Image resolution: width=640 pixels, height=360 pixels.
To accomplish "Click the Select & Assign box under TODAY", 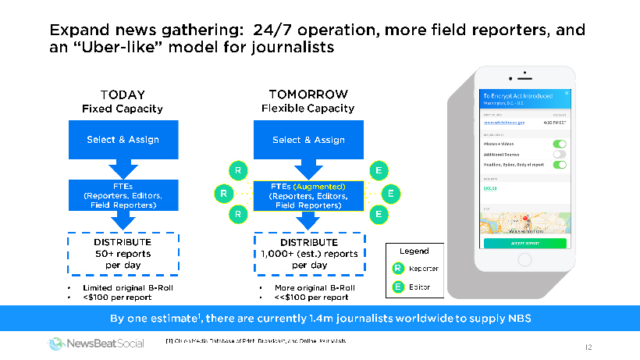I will (x=123, y=140).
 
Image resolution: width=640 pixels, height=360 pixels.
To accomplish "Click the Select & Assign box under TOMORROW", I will (x=308, y=140).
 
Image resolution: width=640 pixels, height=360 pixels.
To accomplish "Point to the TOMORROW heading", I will (x=308, y=94).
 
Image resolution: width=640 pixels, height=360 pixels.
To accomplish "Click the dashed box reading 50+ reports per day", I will (x=123, y=253).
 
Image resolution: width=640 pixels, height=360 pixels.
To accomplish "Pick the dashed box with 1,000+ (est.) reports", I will (x=308, y=253).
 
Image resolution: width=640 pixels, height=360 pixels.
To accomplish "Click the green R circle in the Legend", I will (x=396, y=269).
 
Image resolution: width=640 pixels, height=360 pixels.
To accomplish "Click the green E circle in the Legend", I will (x=396, y=287).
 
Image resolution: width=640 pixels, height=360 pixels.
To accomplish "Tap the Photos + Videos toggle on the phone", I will (x=559, y=144).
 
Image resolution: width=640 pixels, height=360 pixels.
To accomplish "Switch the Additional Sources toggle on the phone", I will (x=559, y=155).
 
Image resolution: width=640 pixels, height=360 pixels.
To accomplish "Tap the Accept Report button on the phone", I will (x=524, y=243).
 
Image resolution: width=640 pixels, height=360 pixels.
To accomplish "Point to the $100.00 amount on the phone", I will (x=489, y=187).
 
